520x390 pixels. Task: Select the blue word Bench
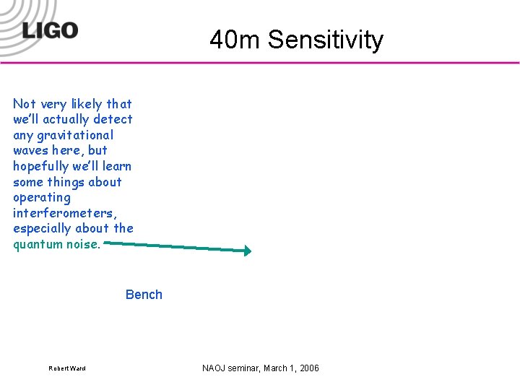point(144,295)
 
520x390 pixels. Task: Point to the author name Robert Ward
point(67,368)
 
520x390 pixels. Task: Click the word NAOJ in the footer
point(214,368)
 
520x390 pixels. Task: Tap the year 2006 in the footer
point(309,368)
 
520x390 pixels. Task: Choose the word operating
point(42,198)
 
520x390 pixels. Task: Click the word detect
point(113,119)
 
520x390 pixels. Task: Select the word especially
point(43,229)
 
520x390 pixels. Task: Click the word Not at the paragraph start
point(24,104)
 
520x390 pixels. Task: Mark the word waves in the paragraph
point(30,151)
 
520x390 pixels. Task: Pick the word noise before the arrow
point(84,244)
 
